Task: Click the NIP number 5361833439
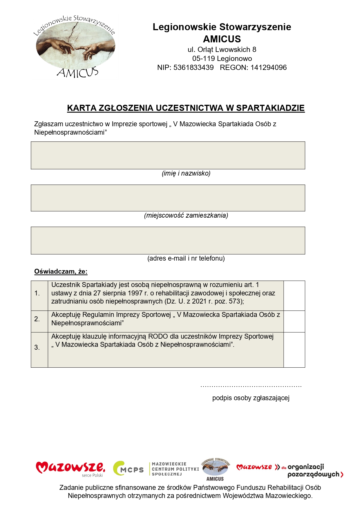[x=193, y=68]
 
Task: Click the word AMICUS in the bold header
[x=222, y=39]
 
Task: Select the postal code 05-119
[x=203, y=59]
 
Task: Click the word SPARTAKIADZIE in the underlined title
[x=270, y=108]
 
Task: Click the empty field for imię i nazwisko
[x=168, y=155]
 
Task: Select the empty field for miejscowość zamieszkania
[x=168, y=198]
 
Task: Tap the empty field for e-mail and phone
[x=168, y=240]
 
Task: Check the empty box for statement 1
[x=294, y=295]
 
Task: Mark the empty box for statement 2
[x=294, y=321]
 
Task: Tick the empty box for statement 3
[x=294, y=350]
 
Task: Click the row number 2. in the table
[x=37, y=319]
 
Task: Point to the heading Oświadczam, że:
[x=61, y=272]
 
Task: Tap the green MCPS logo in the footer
[x=128, y=468]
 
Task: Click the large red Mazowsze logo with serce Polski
[x=70, y=468]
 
